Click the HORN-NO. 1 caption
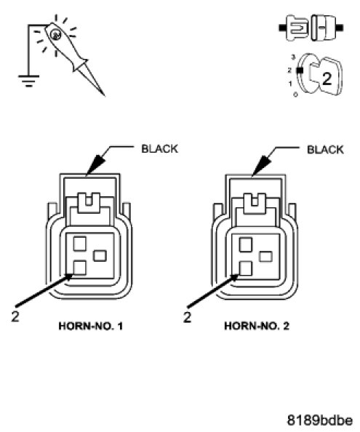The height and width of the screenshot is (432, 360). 91,327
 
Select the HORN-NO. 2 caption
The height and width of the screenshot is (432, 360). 257,327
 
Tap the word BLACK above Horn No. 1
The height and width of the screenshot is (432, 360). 160,149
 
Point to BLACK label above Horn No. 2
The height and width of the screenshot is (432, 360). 325,150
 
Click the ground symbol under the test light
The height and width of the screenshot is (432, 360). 28,81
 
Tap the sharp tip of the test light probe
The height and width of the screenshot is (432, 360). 105,95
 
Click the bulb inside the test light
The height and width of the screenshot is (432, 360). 56,34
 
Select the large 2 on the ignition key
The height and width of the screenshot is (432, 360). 327,79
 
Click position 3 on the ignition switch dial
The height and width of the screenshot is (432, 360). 293,57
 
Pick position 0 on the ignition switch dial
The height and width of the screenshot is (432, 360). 295,95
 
